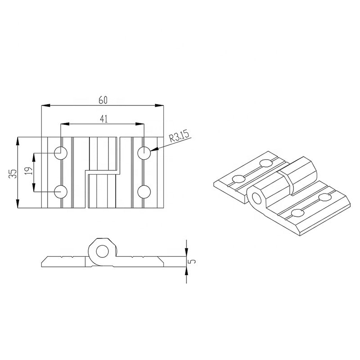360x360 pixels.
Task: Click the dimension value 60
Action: (103, 100)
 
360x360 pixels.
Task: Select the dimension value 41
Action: (103, 119)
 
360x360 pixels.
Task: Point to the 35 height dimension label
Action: (13, 174)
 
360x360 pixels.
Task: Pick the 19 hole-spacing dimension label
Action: (28, 171)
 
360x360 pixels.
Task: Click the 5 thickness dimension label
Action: (193, 261)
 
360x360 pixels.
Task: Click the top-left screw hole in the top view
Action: (61, 153)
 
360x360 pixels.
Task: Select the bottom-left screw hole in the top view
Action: (61, 192)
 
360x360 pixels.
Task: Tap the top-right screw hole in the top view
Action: (144, 153)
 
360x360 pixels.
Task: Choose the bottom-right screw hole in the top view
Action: (144, 192)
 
